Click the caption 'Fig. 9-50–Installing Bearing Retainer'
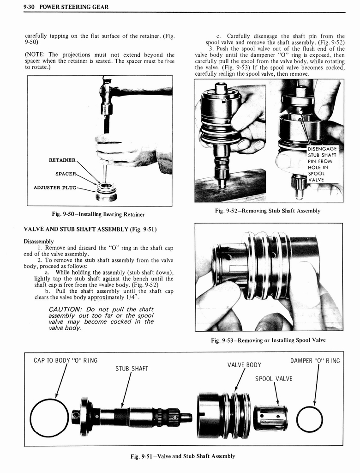click(100, 214)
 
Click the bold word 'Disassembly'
click(38, 241)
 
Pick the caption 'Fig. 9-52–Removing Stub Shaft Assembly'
click(268, 211)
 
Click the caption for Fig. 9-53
click(268, 340)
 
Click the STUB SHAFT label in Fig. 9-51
click(132, 368)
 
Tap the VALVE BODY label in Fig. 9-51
click(244, 364)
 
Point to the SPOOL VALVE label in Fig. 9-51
click(274, 379)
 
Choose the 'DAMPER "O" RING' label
click(315, 360)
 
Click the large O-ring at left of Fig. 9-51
click(49, 418)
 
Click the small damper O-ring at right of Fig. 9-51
click(310, 419)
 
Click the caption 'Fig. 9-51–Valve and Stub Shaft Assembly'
click(183, 456)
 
